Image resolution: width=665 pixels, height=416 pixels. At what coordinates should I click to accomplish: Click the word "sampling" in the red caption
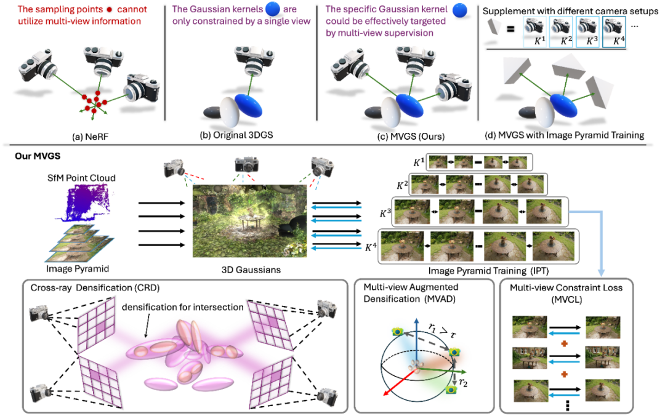click(62, 10)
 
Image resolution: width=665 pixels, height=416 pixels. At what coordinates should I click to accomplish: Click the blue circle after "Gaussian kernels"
click(272, 9)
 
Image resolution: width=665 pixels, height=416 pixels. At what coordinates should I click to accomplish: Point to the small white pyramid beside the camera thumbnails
click(494, 26)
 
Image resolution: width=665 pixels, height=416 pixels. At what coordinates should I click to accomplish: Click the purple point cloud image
click(84, 201)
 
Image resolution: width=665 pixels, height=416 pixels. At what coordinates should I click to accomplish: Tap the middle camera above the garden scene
click(247, 165)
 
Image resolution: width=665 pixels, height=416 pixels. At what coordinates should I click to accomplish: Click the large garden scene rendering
click(249, 220)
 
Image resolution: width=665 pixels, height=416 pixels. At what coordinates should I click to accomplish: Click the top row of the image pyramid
click(479, 162)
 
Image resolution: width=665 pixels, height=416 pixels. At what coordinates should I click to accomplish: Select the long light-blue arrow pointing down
click(601, 243)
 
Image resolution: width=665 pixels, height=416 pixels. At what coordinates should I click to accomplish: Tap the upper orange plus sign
click(564, 343)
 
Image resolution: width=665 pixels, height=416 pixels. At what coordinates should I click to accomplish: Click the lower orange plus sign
click(564, 374)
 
